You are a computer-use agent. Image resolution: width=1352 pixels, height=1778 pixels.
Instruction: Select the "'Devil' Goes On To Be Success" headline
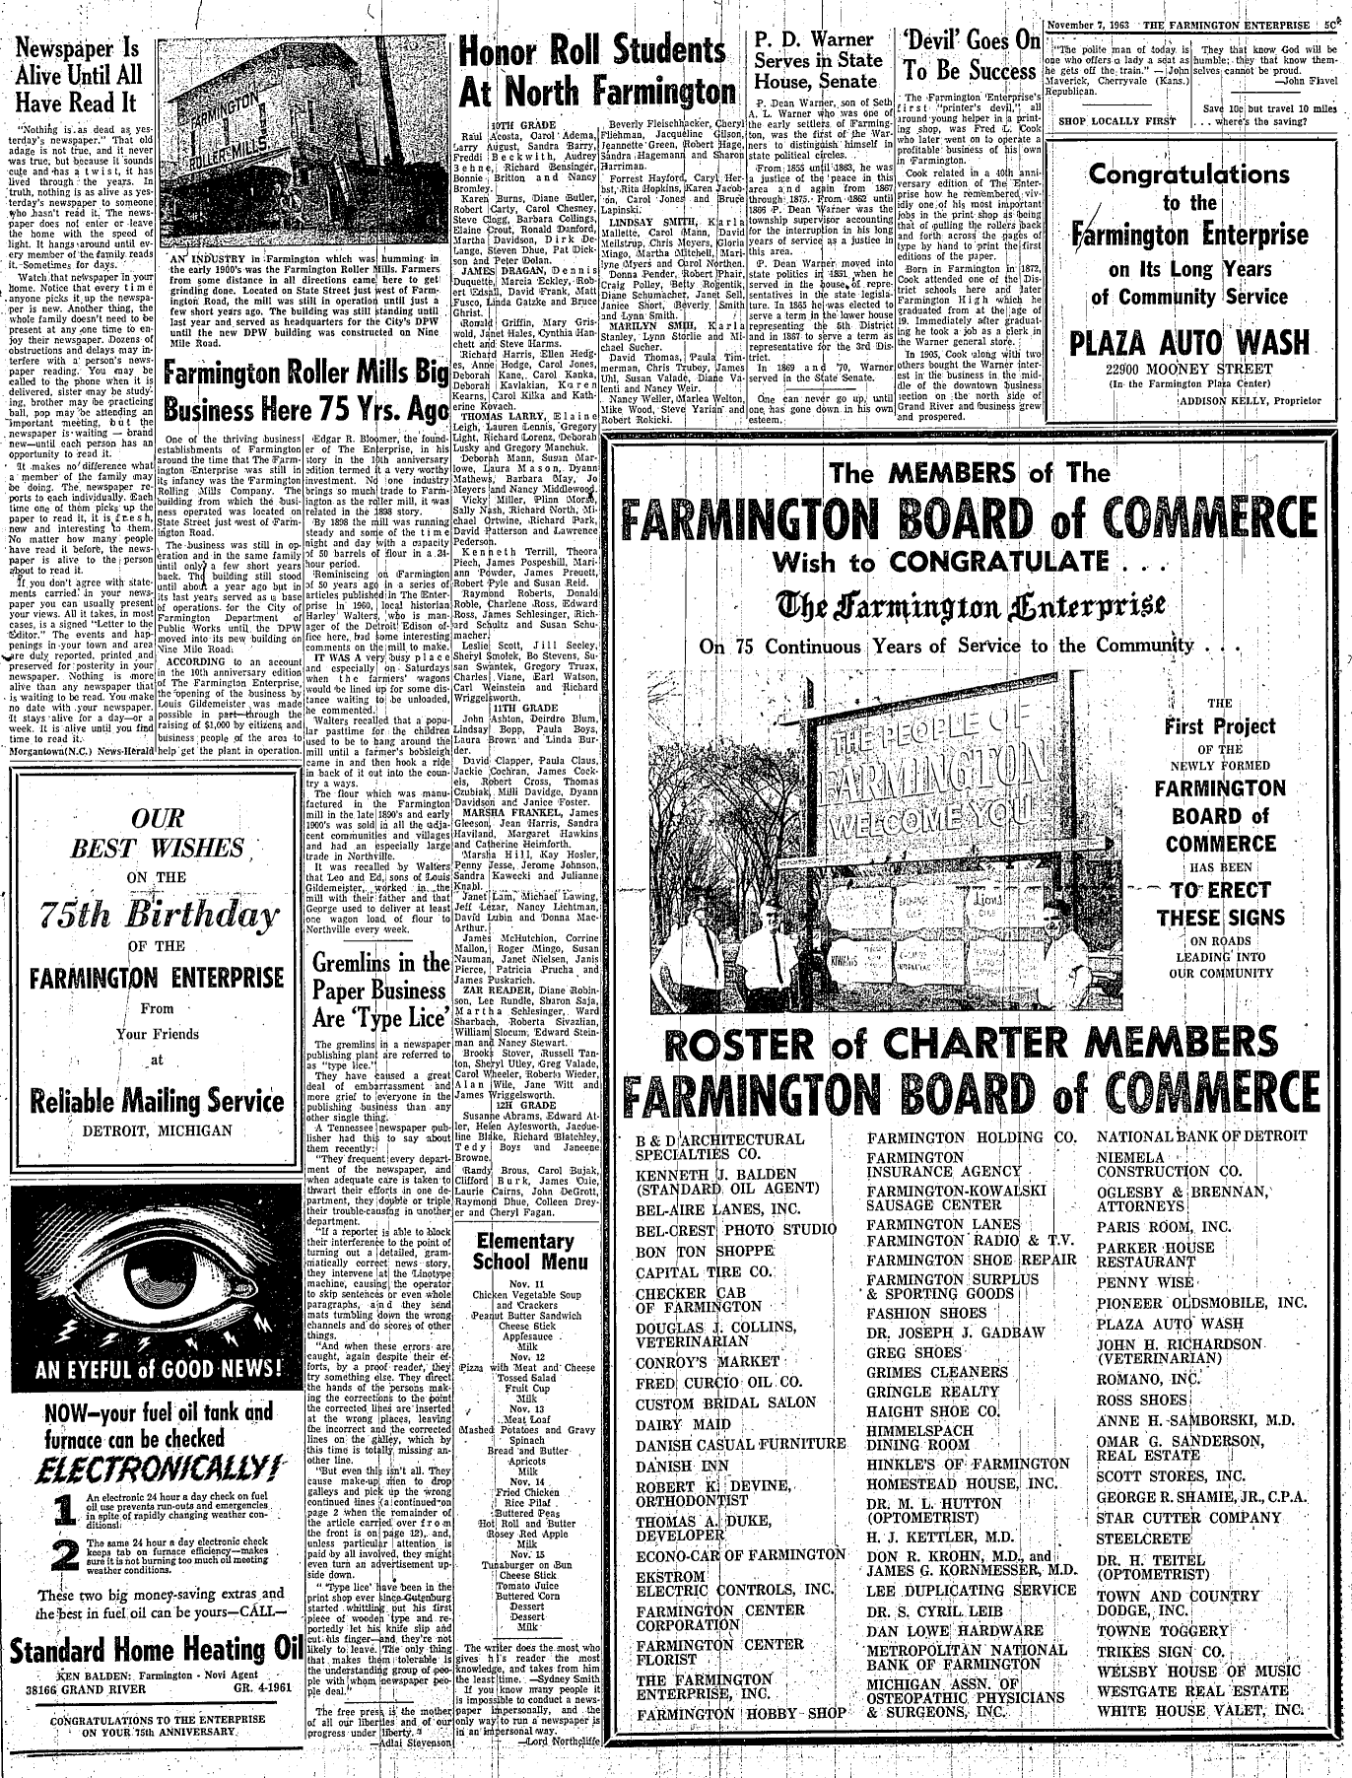tap(972, 57)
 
